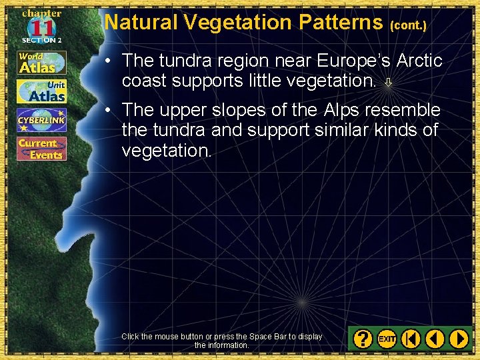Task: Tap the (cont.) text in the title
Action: pos(408,25)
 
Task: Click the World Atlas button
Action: pos(41,62)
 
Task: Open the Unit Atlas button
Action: pos(41,91)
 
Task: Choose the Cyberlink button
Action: pos(41,120)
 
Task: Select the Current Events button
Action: pos(41,149)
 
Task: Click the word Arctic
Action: pos(419,61)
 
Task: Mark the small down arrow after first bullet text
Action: pos(388,83)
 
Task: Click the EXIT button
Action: pos(387,339)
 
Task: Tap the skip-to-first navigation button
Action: pos(411,339)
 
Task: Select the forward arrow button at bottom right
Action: pos(459,339)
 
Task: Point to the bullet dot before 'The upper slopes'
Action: pos(107,110)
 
